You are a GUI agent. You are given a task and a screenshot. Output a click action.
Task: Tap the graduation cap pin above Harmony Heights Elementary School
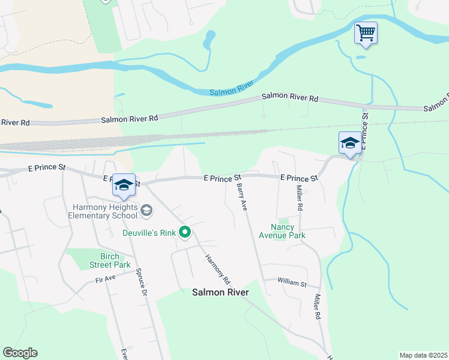pos(124,185)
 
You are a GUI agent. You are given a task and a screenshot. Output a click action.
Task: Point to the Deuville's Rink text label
pos(149,232)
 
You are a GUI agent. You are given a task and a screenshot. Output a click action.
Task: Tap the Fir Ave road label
pos(105,280)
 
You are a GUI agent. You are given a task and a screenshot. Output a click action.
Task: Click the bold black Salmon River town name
pos(220,292)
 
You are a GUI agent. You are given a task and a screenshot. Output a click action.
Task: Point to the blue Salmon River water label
pos(232,90)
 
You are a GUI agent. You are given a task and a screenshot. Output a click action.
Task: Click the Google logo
pos(20,353)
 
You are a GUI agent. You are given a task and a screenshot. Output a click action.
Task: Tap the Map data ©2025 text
pos(423,355)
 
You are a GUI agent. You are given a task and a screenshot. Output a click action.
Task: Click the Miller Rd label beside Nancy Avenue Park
pos(298,197)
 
